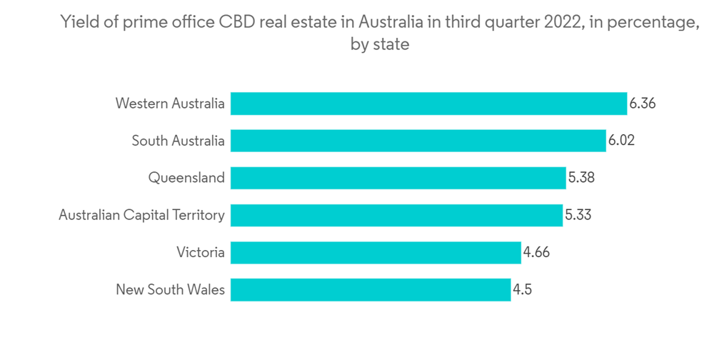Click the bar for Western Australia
pos(428,104)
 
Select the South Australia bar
pos(418,141)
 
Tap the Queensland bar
pos(398,178)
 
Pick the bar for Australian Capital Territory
pos(396,215)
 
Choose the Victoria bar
pos(376,252)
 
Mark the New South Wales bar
pos(370,289)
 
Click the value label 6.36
pos(642,104)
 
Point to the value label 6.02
pos(621,141)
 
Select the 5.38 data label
pos(581,178)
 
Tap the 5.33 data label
pos(578,215)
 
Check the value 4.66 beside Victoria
pos(536,252)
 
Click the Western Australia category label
pos(170,104)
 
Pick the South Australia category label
pos(178,141)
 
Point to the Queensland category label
pos(186,178)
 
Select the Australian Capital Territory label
pos(141,215)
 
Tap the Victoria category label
pos(201,252)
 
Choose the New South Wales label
pos(170,289)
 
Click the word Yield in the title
pos(79,23)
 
